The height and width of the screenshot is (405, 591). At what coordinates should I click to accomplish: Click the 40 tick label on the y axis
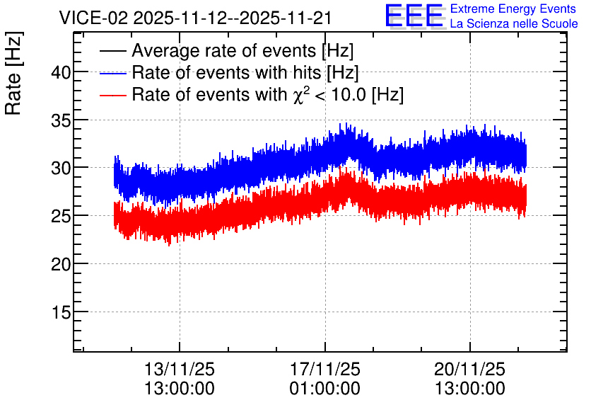(61, 72)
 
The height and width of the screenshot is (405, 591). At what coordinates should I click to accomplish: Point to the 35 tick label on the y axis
(61, 120)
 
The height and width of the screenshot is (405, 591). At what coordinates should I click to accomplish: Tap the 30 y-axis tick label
(61, 168)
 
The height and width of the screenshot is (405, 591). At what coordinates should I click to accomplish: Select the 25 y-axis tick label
(61, 216)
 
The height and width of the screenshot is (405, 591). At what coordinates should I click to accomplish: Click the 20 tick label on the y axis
(61, 264)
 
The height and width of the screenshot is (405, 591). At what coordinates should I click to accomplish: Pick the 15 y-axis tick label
(61, 312)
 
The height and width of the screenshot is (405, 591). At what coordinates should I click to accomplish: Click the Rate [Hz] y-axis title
(13, 73)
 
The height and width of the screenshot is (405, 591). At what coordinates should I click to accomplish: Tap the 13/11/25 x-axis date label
(180, 369)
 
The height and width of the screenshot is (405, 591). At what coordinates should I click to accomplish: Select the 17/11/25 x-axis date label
(325, 369)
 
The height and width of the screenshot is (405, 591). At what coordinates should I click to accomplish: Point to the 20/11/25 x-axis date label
(469, 369)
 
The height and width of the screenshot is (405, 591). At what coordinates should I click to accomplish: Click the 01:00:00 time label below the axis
(325, 389)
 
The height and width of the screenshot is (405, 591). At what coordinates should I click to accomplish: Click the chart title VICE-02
(93, 18)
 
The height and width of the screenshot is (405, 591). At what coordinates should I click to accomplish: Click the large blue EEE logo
(414, 16)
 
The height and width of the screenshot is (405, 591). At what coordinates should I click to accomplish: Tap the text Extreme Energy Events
(513, 8)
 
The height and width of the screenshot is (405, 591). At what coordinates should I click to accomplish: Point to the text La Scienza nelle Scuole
(514, 24)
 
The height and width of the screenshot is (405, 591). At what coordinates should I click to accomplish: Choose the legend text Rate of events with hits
(226, 72)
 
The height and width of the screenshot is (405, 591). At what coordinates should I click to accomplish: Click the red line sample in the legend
(113, 96)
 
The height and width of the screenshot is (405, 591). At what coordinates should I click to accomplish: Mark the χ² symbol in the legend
(299, 95)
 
